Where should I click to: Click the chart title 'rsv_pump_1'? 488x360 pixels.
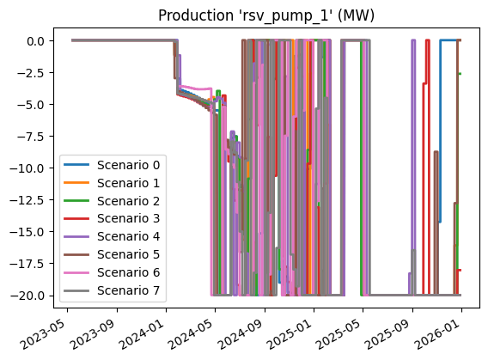coord(266,17)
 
